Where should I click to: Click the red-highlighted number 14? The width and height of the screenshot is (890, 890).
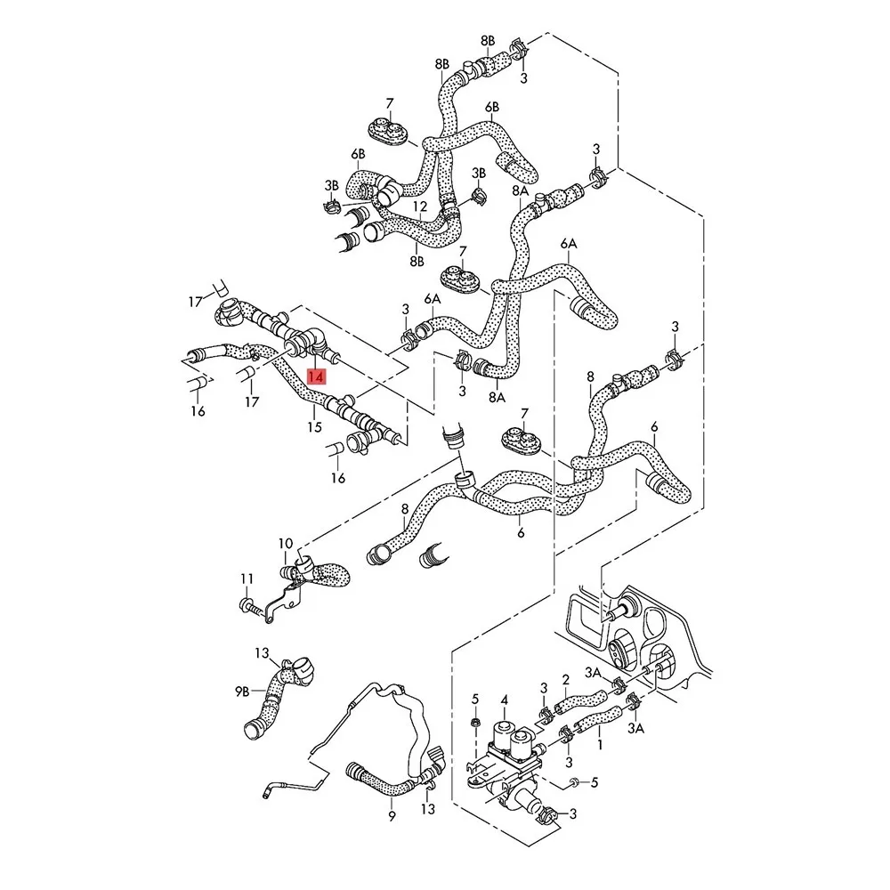316,376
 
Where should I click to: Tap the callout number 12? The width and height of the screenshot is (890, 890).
419,206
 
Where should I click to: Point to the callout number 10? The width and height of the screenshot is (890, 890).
285,544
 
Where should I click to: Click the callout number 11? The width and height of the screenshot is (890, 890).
247,579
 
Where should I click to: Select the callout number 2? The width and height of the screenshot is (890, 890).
565,680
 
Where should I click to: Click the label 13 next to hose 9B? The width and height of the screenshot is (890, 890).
262,653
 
